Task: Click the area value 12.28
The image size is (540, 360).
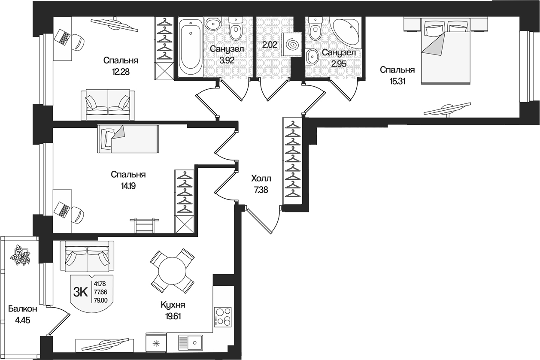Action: click(121, 72)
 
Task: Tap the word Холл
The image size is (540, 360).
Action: click(261, 178)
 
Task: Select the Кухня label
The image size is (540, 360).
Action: click(173, 305)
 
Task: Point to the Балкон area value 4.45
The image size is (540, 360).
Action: click(22, 321)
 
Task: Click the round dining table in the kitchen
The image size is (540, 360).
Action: click(172, 271)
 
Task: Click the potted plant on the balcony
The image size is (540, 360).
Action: click(20, 255)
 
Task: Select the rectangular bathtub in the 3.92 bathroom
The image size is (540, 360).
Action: click(191, 47)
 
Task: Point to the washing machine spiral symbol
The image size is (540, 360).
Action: click(292, 44)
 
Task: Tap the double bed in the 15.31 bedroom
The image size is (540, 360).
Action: click(446, 52)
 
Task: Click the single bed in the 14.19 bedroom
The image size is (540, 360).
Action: click(128, 139)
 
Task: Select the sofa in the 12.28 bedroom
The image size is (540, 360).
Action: click(108, 105)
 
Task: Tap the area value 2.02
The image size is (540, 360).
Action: click(269, 45)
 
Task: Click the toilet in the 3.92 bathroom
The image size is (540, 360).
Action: click(236, 28)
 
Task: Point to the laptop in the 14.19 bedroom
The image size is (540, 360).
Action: click(63, 209)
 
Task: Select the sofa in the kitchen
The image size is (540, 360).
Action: click(87, 257)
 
